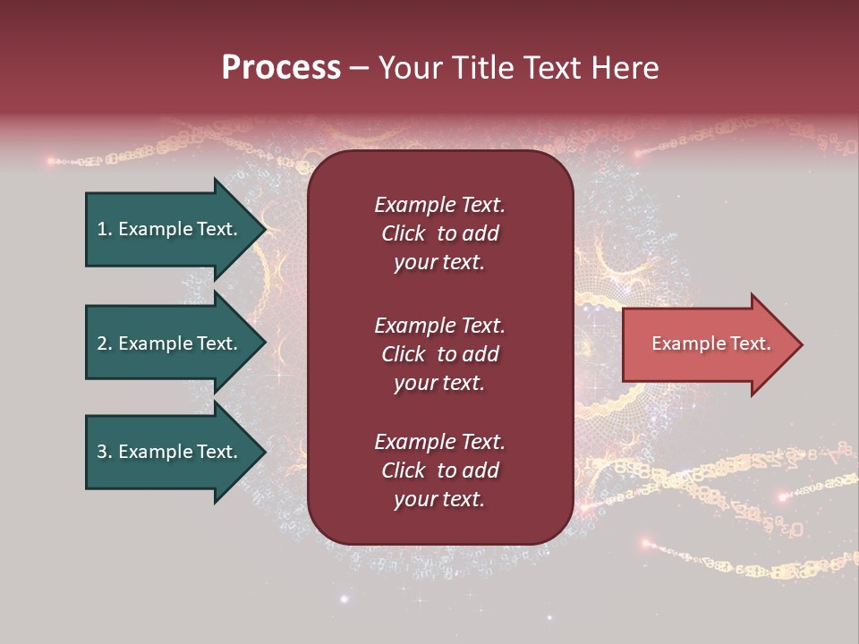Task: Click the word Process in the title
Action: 281,68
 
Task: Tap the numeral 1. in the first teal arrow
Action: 105,229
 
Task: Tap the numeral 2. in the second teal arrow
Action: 105,343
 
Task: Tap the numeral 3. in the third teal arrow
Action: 105,452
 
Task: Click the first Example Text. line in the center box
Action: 439,205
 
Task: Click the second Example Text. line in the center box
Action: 439,326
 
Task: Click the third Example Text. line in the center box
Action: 439,442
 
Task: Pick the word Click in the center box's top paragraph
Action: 403,233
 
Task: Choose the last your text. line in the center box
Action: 439,500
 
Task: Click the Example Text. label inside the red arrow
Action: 711,343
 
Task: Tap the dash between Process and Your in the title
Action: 359,69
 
